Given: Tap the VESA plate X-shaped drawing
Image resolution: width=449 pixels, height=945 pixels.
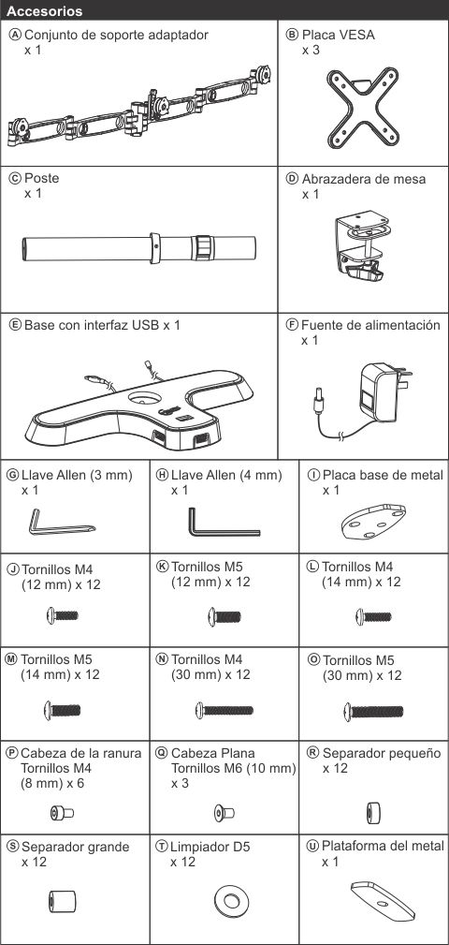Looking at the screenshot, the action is tap(362, 107).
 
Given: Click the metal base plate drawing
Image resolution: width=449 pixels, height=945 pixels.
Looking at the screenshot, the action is tap(374, 524).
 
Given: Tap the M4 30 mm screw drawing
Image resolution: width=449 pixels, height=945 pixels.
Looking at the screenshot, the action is tap(224, 710).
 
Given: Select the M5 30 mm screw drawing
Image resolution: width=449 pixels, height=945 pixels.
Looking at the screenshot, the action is tap(373, 711).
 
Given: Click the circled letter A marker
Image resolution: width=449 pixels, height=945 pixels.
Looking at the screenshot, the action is tap(16, 35).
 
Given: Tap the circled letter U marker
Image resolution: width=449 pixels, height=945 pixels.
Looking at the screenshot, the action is tap(313, 846).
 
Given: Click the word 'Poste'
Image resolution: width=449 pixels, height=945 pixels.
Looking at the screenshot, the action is tap(41, 179).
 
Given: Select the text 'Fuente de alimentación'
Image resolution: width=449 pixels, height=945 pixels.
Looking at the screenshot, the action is tap(370, 326).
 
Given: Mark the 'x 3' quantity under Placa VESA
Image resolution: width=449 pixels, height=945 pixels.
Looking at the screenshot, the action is tap(311, 50).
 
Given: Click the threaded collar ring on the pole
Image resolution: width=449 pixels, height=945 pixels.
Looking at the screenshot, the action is tap(203, 247).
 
